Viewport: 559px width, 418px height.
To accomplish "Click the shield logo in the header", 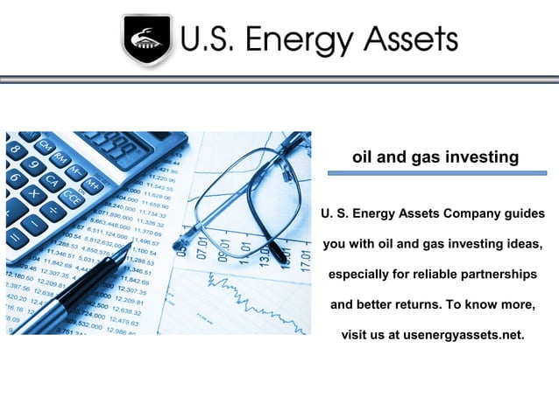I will coord(146,40).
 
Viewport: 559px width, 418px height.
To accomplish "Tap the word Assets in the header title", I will coord(409,39).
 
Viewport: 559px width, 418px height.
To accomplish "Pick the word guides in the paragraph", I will coord(520,213).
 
